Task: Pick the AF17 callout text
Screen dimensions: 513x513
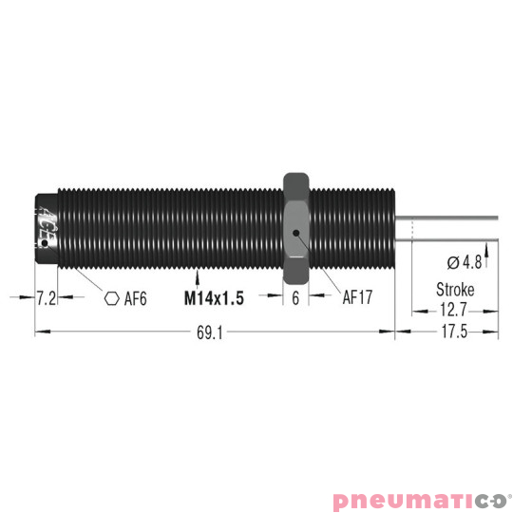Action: tap(356, 297)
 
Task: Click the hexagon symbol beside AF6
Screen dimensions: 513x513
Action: tap(111, 297)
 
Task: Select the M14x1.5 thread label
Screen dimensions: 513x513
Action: tap(214, 297)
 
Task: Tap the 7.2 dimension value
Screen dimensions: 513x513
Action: tap(46, 297)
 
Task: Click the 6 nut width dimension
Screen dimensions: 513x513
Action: tap(296, 297)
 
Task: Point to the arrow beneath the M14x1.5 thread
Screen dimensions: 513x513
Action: tap(196, 277)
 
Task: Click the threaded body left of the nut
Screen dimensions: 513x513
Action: tap(171, 226)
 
